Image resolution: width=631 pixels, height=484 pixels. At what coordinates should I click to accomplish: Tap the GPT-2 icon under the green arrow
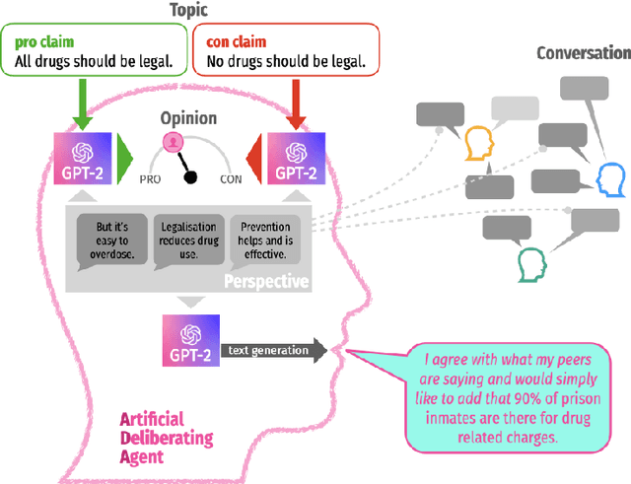pyautogui.click(x=81, y=161)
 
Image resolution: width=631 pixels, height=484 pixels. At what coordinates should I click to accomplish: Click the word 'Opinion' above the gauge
pyautogui.click(x=190, y=118)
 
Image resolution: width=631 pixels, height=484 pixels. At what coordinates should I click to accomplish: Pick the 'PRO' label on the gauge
pyautogui.click(x=151, y=179)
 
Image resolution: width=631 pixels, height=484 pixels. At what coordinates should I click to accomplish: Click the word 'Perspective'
pyautogui.click(x=266, y=282)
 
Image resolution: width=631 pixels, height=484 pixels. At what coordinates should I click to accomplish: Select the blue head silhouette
pyautogui.click(x=610, y=179)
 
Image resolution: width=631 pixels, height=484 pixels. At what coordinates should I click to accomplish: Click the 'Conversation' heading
pyautogui.click(x=583, y=52)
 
